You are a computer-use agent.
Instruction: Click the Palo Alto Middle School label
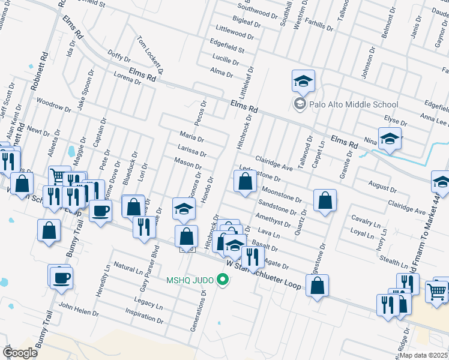(354, 104)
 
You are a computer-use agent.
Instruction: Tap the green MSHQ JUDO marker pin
(223, 280)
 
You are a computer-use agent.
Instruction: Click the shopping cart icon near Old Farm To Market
(438, 292)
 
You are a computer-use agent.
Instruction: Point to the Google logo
(19, 353)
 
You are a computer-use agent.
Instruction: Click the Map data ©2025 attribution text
(424, 355)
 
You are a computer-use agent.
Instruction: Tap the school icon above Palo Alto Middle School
(304, 81)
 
